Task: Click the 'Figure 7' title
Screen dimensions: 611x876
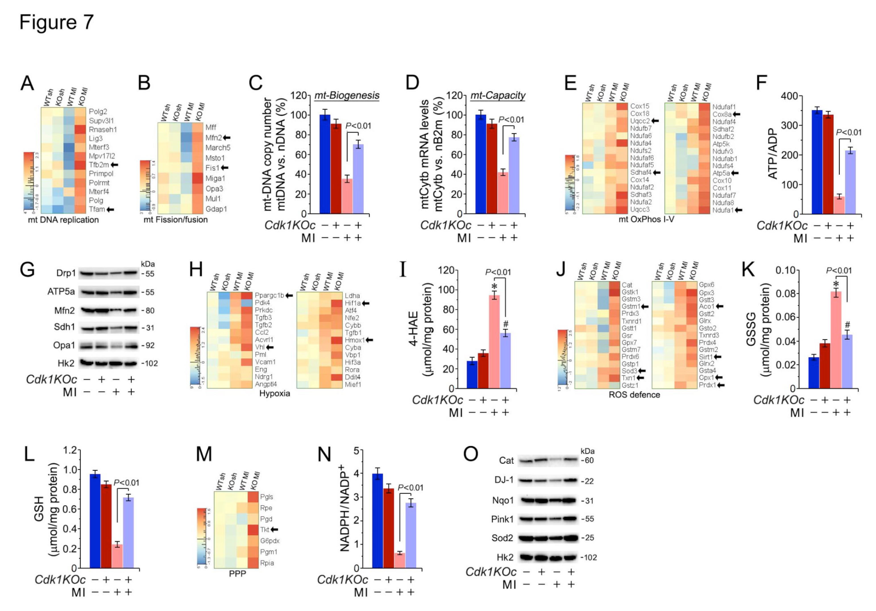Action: pyautogui.click(x=57, y=22)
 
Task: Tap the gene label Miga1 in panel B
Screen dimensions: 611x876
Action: pyautogui.click(x=215, y=178)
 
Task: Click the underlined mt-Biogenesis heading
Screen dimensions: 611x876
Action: pyautogui.click(x=346, y=95)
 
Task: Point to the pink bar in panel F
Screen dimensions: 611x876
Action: pyautogui.click(x=839, y=205)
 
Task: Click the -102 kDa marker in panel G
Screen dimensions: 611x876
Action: pyautogui.click(x=150, y=363)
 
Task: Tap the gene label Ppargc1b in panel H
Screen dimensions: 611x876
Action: pyautogui.click(x=269, y=295)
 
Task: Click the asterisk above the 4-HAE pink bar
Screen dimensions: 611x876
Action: pyautogui.click(x=495, y=287)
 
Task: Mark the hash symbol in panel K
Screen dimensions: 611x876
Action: pyautogui.click(x=847, y=325)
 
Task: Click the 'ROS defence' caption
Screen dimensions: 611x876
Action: pyautogui.click(x=634, y=395)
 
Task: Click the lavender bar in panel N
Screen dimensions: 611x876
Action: pyautogui.click(x=410, y=535)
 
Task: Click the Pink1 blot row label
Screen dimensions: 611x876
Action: pyautogui.click(x=502, y=519)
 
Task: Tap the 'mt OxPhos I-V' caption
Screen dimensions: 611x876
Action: pyautogui.click(x=646, y=219)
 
